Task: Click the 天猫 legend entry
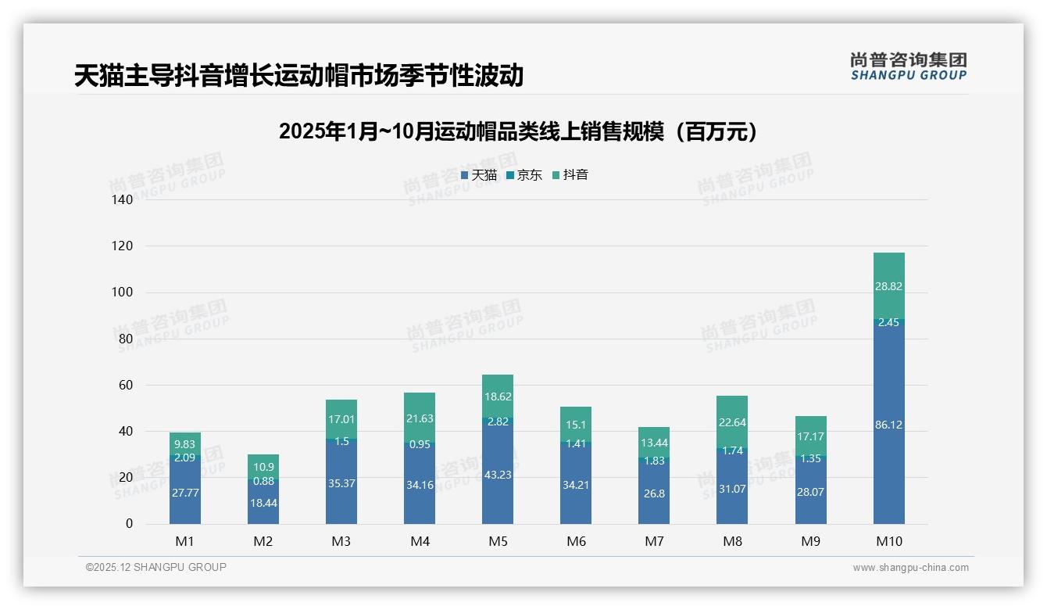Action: [479, 175]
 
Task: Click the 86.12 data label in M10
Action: [888, 425]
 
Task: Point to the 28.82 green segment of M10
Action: [888, 286]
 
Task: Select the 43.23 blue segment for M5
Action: [498, 475]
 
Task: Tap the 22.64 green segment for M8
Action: [732, 421]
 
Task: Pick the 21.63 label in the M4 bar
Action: [420, 418]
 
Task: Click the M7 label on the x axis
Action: [654, 541]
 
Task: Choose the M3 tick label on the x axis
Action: [341, 541]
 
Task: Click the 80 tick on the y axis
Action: [125, 339]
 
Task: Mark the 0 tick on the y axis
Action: [129, 524]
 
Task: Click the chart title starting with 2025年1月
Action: [518, 131]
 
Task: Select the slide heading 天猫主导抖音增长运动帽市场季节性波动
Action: [298, 76]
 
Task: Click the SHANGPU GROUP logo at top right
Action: [908, 66]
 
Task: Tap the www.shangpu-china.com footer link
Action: [910, 568]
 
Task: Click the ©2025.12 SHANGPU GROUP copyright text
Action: [156, 568]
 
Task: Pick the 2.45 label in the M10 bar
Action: [888, 322]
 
